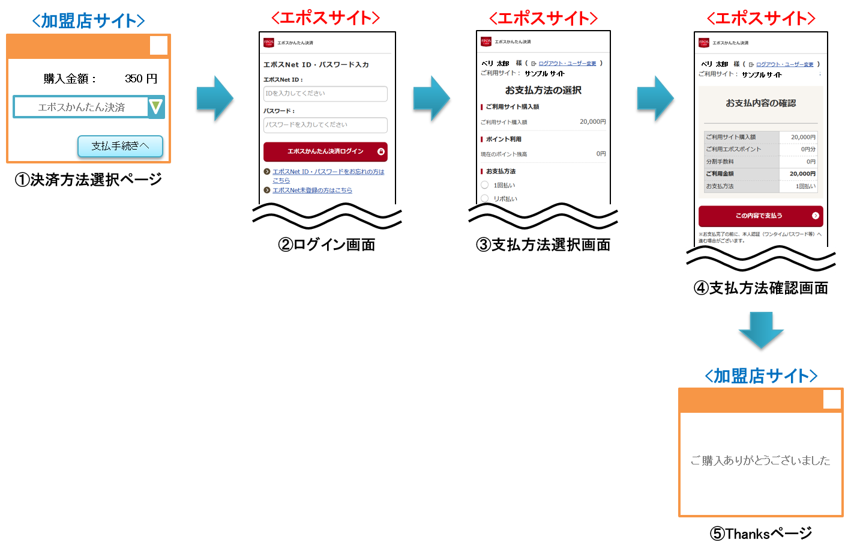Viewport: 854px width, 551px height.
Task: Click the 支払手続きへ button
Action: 120,146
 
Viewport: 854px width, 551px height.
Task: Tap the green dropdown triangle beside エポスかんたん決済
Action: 156,107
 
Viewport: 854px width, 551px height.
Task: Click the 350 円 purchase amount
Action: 141,79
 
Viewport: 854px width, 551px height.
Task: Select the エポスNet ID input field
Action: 325,94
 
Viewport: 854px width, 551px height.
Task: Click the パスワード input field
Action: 325,125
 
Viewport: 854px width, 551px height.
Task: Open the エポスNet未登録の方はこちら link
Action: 312,190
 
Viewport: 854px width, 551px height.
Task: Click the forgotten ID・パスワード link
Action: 328,172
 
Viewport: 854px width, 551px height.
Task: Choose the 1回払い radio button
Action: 485,185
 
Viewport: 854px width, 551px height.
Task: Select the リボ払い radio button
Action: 485,198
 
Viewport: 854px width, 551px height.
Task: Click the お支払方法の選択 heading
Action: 543,91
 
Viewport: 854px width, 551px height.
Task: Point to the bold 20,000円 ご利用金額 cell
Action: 802,174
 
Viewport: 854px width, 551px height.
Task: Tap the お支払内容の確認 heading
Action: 760,103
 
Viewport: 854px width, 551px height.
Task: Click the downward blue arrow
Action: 761,330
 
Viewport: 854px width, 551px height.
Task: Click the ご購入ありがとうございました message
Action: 760,461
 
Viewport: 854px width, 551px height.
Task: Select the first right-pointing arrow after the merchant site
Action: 215,98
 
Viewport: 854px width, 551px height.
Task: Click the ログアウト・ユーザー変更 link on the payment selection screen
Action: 567,64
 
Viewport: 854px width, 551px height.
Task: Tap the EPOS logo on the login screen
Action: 268,43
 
